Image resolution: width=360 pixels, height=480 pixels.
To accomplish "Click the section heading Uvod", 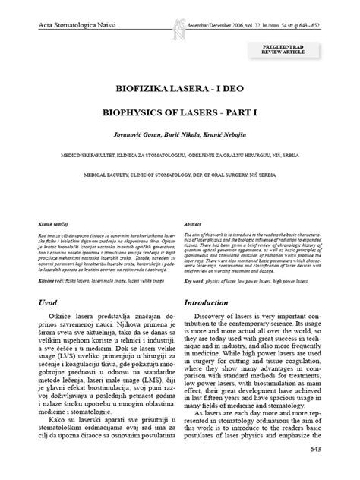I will point(50,302).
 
